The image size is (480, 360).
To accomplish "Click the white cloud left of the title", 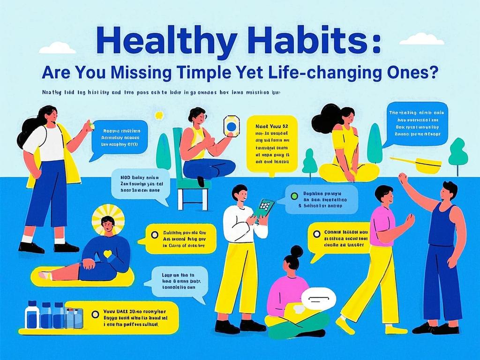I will click(57, 48).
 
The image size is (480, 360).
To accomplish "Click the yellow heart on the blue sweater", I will click(107, 254).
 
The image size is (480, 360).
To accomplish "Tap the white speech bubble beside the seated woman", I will click(318, 298).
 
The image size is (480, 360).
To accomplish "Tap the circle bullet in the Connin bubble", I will click(316, 234).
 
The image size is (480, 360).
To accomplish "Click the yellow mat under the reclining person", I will click(82, 279).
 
